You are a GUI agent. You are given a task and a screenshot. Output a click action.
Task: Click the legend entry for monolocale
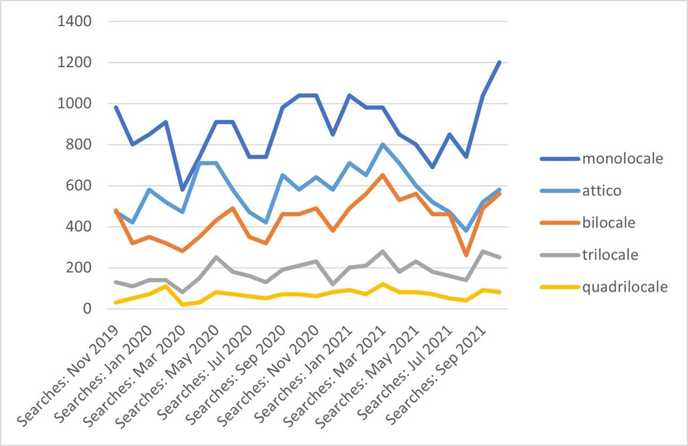[622, 159]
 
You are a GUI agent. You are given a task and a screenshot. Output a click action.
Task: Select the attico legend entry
[602, 191]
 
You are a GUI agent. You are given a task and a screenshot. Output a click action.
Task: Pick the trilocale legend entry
[610, 255]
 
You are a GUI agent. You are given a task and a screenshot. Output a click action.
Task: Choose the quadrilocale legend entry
[625, 287]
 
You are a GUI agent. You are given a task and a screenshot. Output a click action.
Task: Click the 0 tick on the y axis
[86, 309]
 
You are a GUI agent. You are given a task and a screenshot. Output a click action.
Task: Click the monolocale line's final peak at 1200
[499, 62]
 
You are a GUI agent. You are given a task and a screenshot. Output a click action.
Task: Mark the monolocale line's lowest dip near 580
[182, 190]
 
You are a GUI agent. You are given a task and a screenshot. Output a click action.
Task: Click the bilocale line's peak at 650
[382, 175]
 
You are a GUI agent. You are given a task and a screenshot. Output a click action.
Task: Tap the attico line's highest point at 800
[382, 144]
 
